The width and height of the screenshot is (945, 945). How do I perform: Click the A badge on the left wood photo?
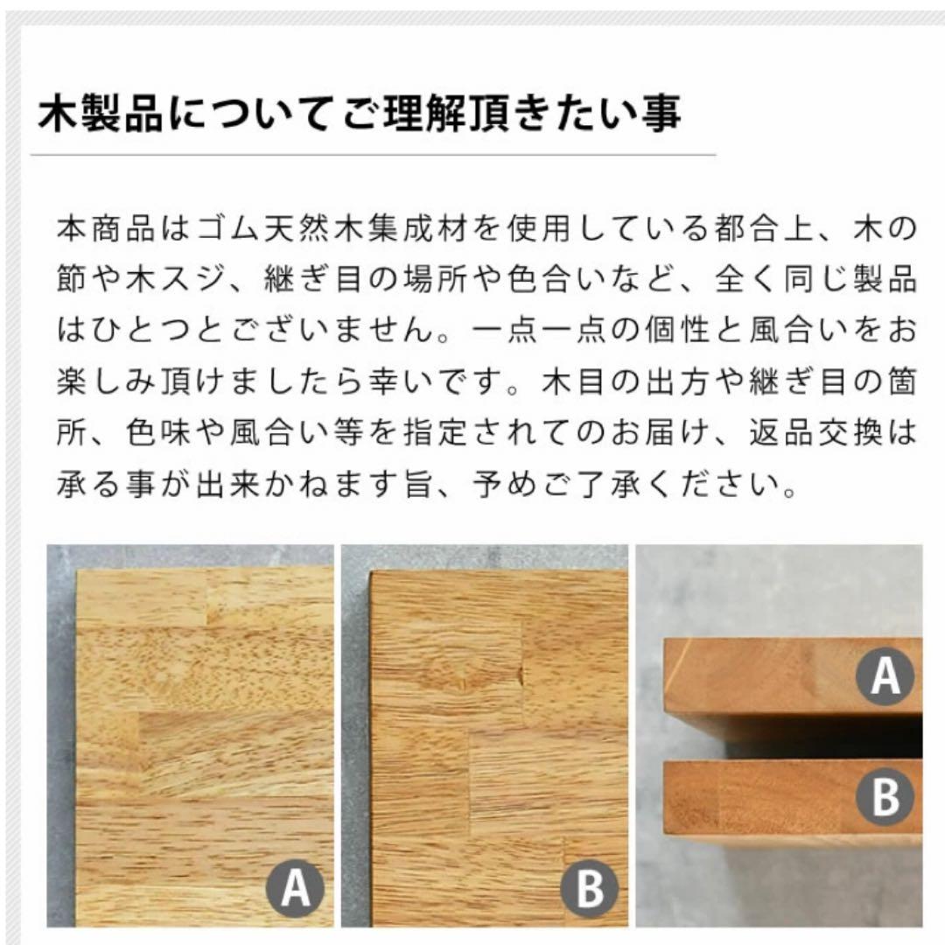[x=295, y=890]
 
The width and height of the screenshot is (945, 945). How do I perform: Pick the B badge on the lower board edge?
[x=885, y=797]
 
